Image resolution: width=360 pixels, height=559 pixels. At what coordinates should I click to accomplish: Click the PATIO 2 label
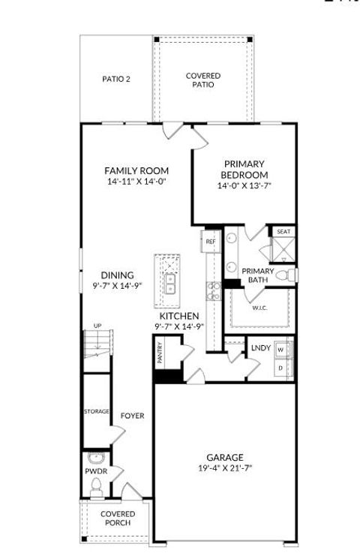click(x=116, y=79)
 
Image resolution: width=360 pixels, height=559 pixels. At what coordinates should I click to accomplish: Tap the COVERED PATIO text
click(x=203, y=80)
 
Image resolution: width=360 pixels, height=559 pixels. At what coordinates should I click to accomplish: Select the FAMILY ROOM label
click(x=136, y=171)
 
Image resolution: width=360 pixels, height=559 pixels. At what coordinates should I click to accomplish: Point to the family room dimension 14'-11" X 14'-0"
click(x=136, y=182)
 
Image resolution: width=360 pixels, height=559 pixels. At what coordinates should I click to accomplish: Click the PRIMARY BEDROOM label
click(x=244, y=170)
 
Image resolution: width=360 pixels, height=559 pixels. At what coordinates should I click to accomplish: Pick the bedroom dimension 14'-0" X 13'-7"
click(x=244, y=186)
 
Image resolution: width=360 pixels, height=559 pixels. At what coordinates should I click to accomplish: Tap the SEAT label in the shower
click(x=283, y=232)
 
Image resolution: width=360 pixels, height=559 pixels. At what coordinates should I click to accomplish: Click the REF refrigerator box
click(x=211, y=242)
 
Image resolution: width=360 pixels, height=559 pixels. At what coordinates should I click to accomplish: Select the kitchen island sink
click(x=170, y=283)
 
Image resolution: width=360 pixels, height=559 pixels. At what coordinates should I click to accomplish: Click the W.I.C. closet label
click(x=259, y=308)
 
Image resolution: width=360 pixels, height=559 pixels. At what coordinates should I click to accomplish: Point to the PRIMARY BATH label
click(x=257, y=275)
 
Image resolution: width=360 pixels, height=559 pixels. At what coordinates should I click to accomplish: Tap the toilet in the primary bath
click(x=286, y=276)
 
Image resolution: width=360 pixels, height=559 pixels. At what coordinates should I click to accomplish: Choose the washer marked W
click(x=280, y=350)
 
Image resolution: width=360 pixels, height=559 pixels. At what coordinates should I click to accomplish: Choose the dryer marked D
click(x=280, y=368)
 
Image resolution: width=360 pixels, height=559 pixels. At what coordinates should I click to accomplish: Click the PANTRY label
click(x=160, y=355)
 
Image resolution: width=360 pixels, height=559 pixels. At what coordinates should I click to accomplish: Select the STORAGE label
click(x=97, y=412)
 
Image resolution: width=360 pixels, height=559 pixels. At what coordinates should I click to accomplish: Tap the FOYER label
click(x=133, y=416)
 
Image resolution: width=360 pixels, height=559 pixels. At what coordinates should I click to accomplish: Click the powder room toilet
click(x=95, y=488)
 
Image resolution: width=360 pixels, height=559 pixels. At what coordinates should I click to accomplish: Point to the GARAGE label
click(x=225, y=458)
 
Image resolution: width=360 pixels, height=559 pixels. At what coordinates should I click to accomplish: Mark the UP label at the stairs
click(x=97, y=326)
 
